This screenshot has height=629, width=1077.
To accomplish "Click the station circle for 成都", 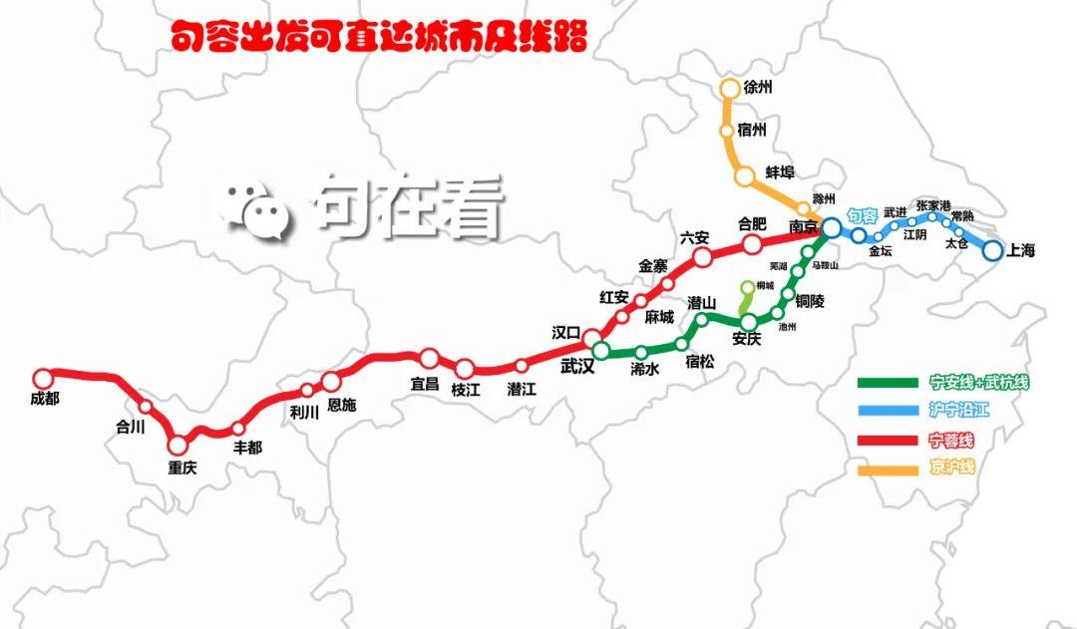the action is pyautogui.click(x=42, y=378).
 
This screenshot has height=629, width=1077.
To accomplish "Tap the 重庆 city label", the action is pyautogui.click(x=182, y=468).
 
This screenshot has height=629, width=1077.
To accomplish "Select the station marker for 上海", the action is pyautogui.click(x=991, y=250).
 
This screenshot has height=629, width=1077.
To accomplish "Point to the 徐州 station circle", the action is pyautogui.click(x=729, y=88).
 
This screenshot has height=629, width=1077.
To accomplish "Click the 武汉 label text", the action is pyautogui.click(x=577, y=367).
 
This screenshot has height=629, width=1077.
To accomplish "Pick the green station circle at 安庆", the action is pyautogui.click(x=751, y=321).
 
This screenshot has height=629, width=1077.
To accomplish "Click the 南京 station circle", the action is pyautogui.click(x=831, y=229).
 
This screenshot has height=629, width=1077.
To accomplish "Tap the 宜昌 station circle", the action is pyautogui.click(x=429, y=358).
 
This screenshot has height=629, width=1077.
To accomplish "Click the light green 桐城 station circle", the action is pyautogui.click(x=748, y=287).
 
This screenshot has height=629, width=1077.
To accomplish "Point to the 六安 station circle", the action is pyautogui.click(x=702, y=257).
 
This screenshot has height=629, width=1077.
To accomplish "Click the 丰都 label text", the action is pyautogui.click(x=247, y=448).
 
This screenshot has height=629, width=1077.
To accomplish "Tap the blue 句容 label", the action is pyautogui.click(x=862, y=215).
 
